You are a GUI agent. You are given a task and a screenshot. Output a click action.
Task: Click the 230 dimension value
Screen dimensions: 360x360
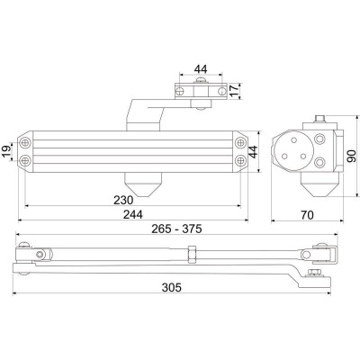point(123,200)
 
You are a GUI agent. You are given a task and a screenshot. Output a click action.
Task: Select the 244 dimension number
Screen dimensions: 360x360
point(133,214)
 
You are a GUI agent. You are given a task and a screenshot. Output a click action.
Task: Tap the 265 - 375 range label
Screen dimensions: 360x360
point(176,229)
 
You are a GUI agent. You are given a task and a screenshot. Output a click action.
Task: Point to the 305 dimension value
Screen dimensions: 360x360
point(172,287)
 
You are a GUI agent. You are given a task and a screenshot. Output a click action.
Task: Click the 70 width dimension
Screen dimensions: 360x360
point(307,215)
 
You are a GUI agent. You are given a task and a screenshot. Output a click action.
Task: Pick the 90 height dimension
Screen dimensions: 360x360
point(351,157)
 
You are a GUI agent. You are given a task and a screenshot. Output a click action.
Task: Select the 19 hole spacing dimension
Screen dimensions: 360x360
point(6,150)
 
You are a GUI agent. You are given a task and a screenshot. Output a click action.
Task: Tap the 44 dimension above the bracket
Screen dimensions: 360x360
point(201,69)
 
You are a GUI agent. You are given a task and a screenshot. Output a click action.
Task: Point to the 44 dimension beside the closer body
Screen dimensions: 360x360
point(253,152)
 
